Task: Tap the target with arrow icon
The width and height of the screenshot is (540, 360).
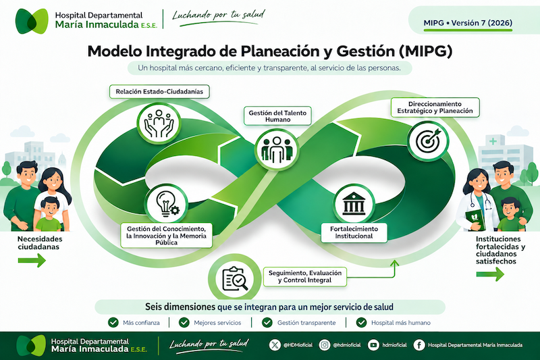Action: pyautogui.click(x=428, y=141)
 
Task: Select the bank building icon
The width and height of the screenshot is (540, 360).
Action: pyautogui.click(x=354, y=203)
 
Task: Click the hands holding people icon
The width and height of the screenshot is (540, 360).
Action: pyautogui.click(x=159, y=124)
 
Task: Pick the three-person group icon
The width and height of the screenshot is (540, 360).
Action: pyautogui.click(x=277, y=150)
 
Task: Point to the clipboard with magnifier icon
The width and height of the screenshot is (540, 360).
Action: pyautogui.click(x=235, y=278)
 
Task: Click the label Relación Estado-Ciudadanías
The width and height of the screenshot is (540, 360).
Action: pyautogui.click(x=159, y=92)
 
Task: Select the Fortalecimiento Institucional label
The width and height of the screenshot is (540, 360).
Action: pyautogui.click(x=354, y=232)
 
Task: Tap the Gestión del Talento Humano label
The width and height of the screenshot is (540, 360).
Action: pyautogui.click(x=277, y=116)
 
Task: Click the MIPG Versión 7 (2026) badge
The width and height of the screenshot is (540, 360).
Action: pyautogui.click(x=468, y=23)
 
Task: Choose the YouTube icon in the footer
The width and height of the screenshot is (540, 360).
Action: pyautogui.click(x=373, y=345)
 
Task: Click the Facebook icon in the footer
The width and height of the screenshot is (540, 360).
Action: pyautogui.click(x=418, y=345)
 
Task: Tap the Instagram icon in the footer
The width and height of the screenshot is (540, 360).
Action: pyautogui.click(x=325, y=345)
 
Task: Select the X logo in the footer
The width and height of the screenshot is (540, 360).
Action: pyautogui.click(x=275, y=345)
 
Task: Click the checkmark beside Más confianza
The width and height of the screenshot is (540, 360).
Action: pyautogui.click(x=113, y=322)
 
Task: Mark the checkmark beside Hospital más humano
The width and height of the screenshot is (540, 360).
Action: pyautogui.click(x=361, y=322)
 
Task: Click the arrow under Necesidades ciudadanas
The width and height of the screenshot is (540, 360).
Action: pyautogui.click(x=32, y=261)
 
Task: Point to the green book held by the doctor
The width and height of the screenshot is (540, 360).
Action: pyautogui.click(x=475, y=220)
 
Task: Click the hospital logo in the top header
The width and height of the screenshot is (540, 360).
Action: pyautogui.click(x=32, y=22)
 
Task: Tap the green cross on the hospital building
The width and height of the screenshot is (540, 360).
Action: pyautogui.click(x=493, y=141)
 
